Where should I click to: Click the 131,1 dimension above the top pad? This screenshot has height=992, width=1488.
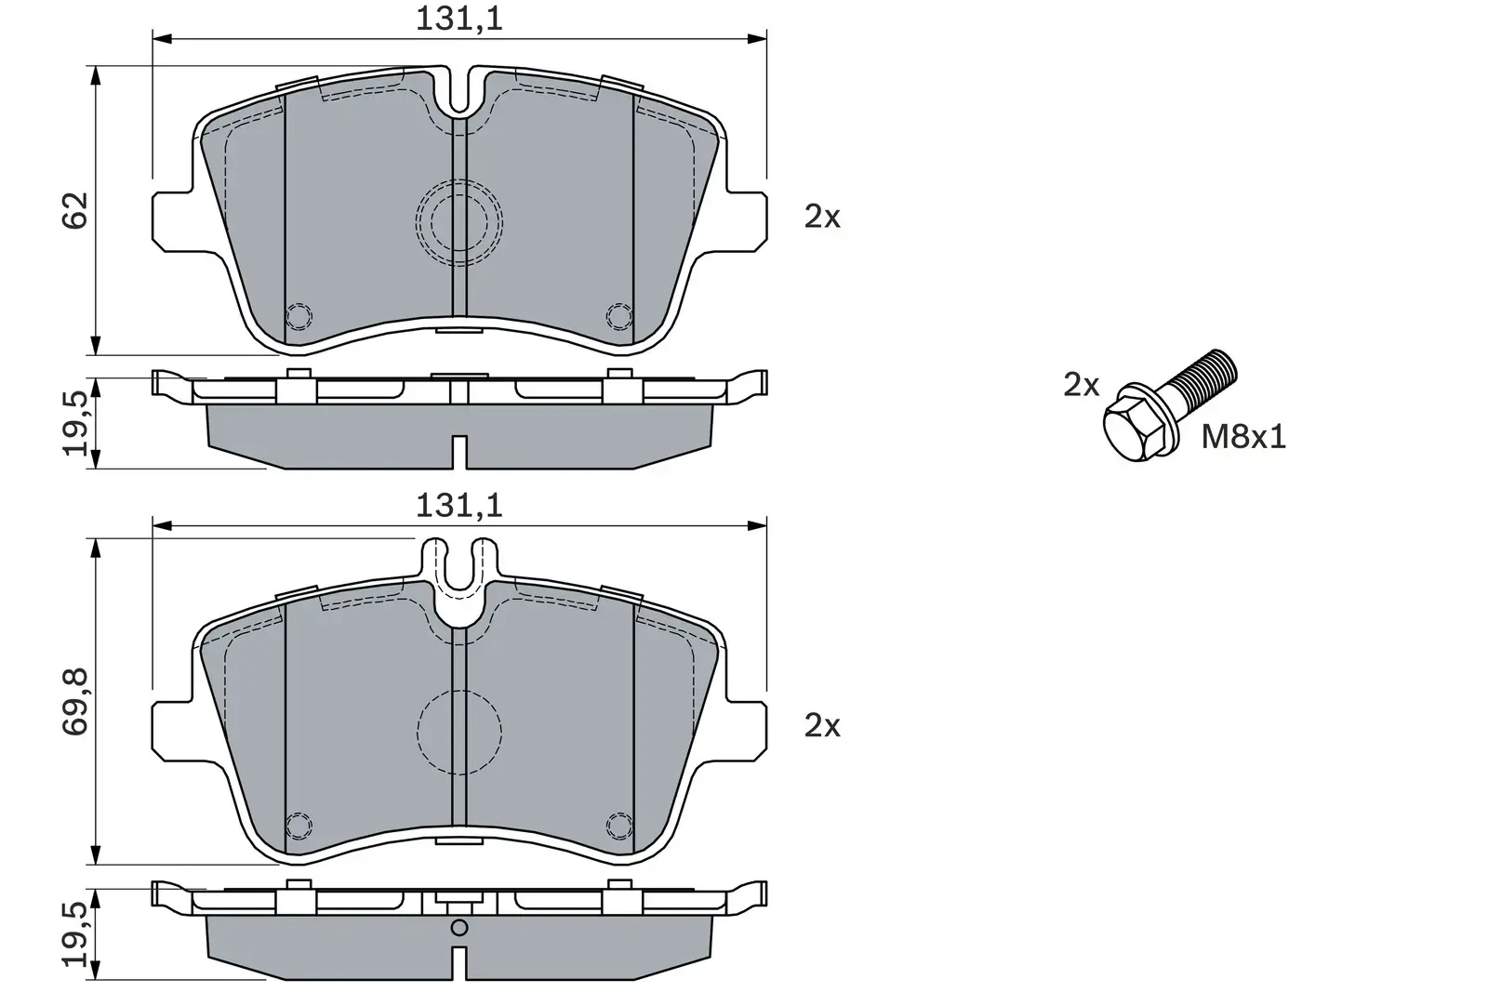tap(458, 19)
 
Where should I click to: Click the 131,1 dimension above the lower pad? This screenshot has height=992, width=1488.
tap(458, 506)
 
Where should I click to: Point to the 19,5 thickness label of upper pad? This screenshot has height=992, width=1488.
tap(77, 422)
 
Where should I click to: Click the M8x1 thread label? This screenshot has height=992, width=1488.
tap(1243, 436)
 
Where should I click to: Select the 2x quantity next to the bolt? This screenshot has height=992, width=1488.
tap(1082, 385)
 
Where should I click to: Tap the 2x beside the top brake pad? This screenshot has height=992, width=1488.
tap(822, 218)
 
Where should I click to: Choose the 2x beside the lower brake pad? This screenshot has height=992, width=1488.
tap(822, 725)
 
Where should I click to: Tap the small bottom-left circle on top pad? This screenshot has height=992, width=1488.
tap(299, 316)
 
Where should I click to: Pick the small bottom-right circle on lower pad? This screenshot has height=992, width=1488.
tap(618, 825)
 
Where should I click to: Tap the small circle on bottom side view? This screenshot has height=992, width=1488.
tap(458, 927)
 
